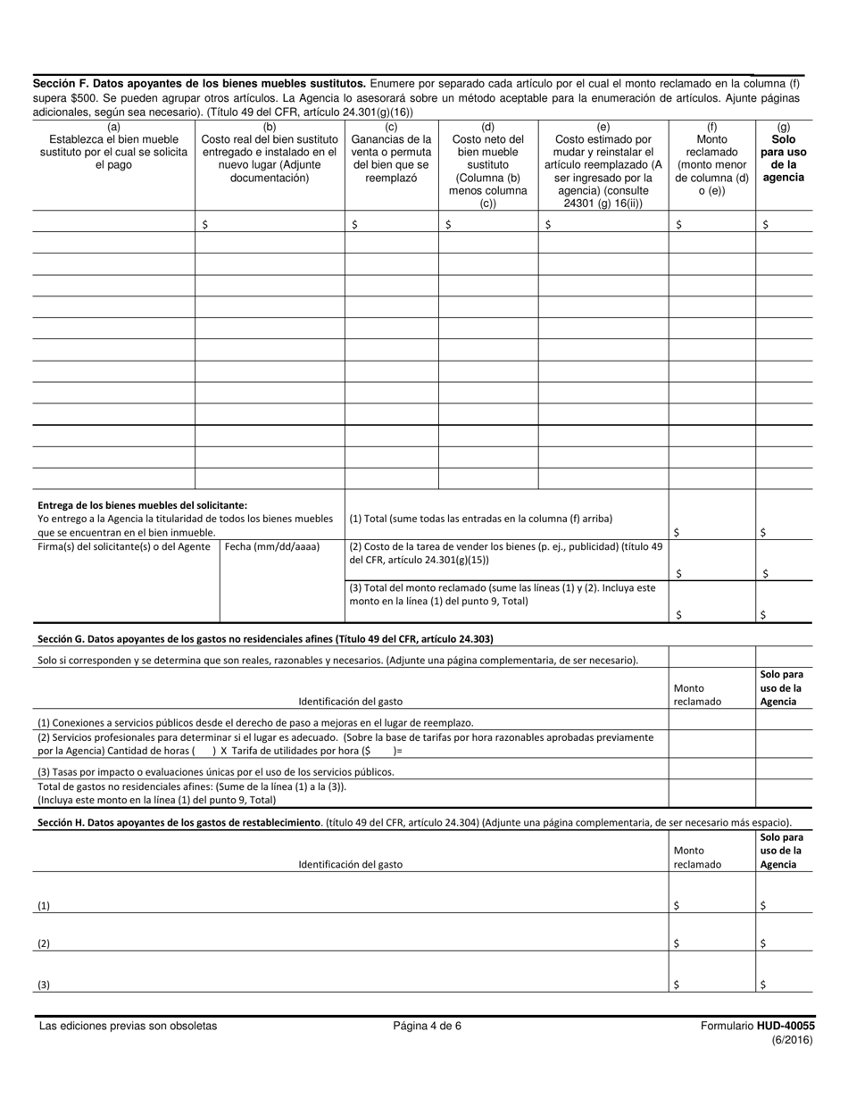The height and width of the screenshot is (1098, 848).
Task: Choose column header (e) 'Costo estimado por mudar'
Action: (603, 164)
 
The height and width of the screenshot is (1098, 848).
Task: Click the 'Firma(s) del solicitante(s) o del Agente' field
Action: (124, 546)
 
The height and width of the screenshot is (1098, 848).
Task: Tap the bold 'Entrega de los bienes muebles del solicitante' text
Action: (143, 504)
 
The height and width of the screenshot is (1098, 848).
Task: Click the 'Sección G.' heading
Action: (264, 638)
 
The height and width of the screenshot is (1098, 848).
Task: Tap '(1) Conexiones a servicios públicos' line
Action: (255, 722)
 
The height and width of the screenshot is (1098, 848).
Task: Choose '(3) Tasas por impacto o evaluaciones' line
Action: (215, 771)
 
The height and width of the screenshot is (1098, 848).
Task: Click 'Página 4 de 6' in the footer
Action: (427, 1026)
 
